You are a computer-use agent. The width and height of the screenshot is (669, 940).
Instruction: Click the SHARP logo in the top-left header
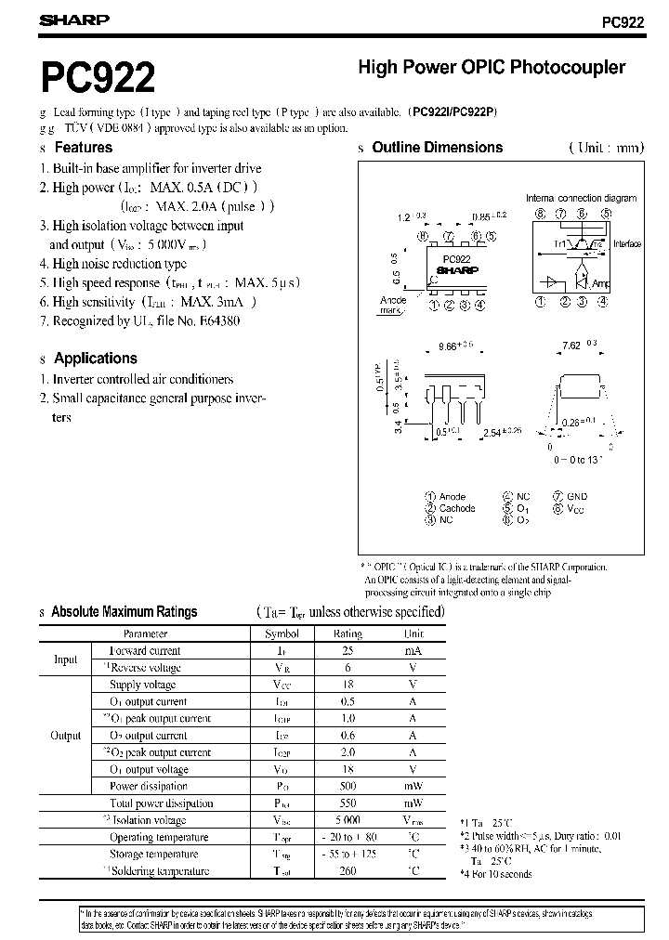[74, 20]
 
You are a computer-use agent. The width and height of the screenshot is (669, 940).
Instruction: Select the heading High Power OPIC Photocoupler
[492, 68]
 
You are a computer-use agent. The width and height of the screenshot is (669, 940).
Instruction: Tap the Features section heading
[84, 147]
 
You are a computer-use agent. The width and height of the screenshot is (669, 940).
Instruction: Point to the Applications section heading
[95, 358]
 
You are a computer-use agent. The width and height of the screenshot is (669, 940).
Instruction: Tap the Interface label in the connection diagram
[627, 244]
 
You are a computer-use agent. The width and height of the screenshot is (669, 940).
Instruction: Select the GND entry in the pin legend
[577, 497]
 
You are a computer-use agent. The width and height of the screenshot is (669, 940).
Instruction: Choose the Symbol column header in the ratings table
[282, 633]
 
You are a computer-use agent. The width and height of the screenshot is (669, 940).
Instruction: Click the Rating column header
[348, 633]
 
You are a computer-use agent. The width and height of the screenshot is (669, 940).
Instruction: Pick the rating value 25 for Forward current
[348, 650]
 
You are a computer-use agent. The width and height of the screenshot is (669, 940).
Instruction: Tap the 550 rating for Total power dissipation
[348, 803]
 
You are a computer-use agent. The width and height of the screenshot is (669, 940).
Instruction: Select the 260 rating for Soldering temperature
[348, 870]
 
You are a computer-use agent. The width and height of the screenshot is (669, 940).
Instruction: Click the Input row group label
[65, 659]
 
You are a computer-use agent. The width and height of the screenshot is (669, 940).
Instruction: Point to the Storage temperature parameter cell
[153, 854]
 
